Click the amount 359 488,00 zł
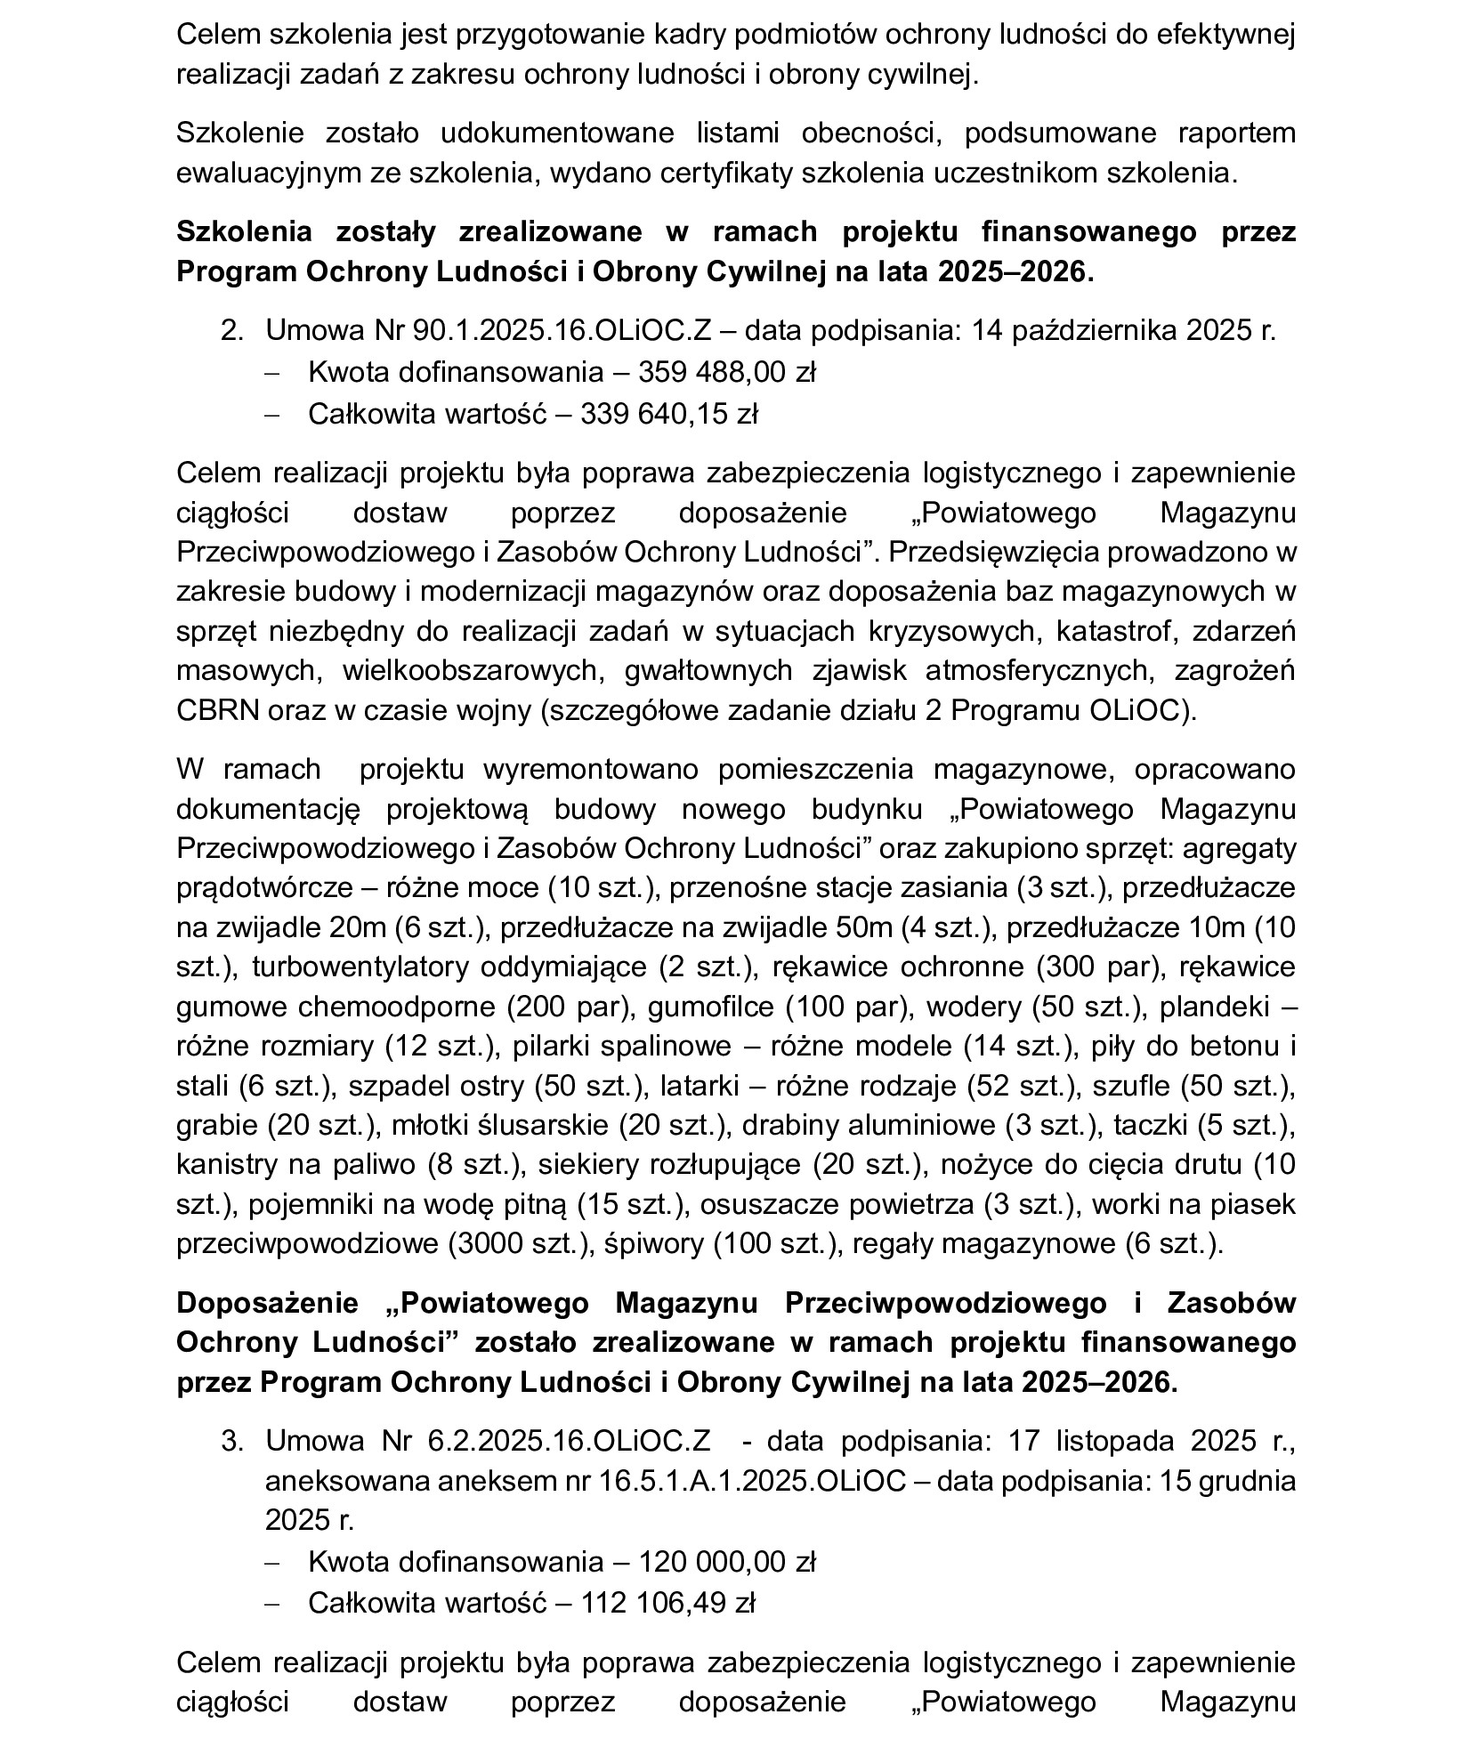pos(726,372)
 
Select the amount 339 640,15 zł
pos(668,414)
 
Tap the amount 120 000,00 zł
pos(726,1562)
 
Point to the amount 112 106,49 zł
pos(667,1603)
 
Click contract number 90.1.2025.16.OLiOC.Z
pos(562,331)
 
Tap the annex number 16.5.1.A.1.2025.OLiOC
pos(752,1482)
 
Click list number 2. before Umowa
pos(231,331)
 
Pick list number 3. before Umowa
pos(231,1441)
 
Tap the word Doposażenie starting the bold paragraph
pos(267,1303)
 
